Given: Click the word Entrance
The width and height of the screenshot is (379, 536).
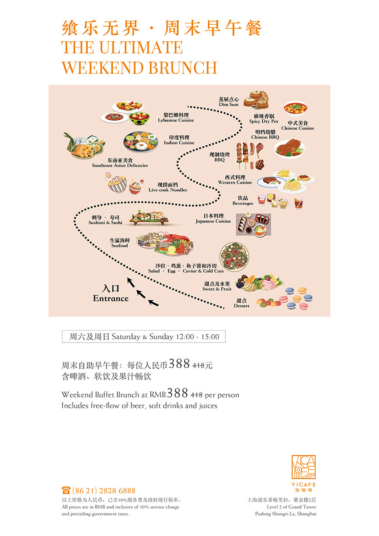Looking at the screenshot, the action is tap(111, 298).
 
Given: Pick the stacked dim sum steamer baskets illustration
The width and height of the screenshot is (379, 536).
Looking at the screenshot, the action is tap(256, 99).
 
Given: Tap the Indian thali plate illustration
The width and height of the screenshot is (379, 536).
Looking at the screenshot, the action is tap(141, 142).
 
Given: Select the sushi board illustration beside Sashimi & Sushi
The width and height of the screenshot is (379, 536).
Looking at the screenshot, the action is tap(149, 217).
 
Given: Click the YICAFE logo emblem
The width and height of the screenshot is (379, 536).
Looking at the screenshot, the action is tap(304, 467).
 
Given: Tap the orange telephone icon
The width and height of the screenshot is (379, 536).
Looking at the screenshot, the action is tap(66, 491).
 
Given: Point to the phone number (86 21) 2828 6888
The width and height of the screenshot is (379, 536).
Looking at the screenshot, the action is tap(104, 491).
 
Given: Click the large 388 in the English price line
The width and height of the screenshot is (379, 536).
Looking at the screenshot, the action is tap(178, 393).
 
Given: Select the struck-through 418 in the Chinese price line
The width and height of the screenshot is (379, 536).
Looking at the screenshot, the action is tap(198, 365).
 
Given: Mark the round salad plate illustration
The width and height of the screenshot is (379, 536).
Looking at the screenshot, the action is tap(234, 257).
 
